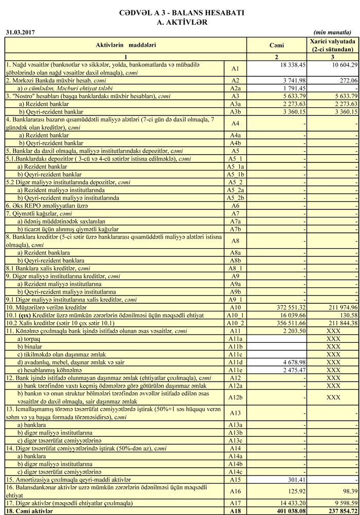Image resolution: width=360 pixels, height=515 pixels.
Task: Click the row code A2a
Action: tap(236, 88)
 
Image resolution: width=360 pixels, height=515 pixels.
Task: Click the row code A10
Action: tap(236, 307)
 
